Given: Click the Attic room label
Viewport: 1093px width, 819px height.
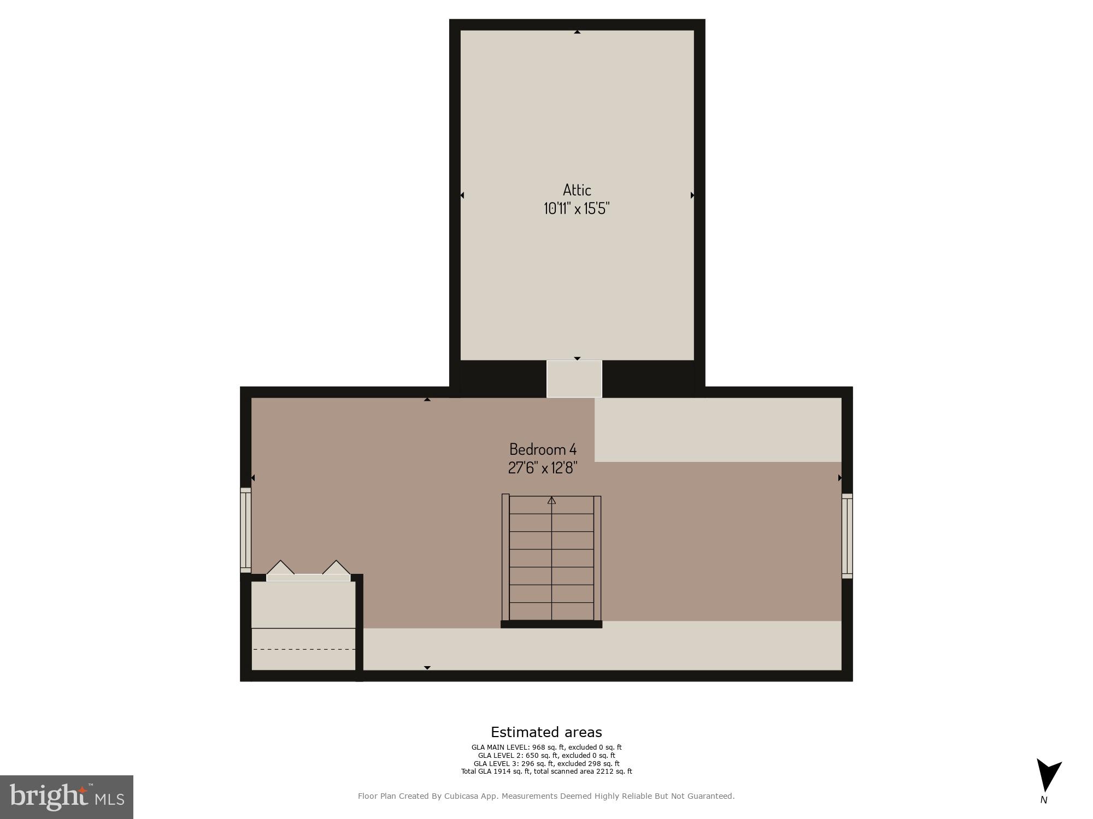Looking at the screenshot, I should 577,190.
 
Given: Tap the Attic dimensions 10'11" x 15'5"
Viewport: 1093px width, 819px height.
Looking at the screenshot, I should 577,209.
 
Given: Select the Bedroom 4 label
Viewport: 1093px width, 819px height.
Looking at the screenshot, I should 543,449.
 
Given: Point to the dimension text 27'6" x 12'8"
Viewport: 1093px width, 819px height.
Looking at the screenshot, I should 543,468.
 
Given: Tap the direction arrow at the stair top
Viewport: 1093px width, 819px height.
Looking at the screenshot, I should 551,500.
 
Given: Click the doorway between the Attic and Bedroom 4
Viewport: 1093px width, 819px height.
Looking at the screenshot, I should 574,379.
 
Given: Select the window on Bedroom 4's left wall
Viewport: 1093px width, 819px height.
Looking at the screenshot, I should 246,530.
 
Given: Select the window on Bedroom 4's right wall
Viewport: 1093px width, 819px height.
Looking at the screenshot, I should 847,536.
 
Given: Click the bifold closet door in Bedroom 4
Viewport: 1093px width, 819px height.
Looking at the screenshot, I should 308,571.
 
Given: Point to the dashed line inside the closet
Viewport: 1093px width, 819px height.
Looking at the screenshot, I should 303,649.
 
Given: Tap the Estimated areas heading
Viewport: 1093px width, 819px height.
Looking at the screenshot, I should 546,732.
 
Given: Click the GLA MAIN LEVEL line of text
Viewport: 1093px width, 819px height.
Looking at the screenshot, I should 546,747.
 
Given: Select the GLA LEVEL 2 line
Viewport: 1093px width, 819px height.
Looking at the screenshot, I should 546,756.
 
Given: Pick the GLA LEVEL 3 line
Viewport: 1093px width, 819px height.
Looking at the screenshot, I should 546,764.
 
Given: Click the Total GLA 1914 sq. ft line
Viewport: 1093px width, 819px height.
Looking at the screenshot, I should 546,771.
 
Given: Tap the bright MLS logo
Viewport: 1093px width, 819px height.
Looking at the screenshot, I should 67,797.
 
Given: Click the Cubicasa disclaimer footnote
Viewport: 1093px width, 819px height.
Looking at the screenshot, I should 546,797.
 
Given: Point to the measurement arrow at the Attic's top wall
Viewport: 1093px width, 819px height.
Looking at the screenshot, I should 577,32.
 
